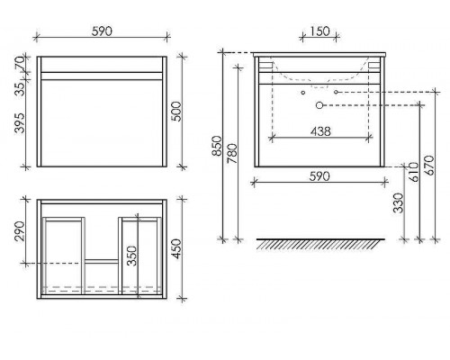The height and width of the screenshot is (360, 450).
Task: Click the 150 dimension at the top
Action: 319,31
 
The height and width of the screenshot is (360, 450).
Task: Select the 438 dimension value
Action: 320,131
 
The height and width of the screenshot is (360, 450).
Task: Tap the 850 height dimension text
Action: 217,146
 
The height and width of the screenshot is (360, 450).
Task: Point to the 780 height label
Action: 232,154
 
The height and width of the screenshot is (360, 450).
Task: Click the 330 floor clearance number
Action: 399,203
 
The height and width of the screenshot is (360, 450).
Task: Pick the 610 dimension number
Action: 414,172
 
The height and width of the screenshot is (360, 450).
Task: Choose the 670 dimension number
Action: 429,166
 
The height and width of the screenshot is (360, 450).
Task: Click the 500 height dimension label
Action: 176,112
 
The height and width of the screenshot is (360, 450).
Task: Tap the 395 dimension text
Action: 20,123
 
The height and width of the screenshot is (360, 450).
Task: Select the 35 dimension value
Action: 20,89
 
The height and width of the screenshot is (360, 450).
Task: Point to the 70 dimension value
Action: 20,64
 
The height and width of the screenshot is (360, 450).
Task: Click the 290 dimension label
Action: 20,231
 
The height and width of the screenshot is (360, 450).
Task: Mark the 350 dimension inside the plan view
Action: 131,256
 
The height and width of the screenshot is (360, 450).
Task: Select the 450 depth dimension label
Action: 176,248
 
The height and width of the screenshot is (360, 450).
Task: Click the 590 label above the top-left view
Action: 102,31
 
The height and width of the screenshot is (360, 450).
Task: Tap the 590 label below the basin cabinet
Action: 319,176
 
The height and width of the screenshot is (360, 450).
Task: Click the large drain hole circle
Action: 319,105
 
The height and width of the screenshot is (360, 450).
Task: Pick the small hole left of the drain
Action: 303,93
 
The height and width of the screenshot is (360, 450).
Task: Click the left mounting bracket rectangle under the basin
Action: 265,65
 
